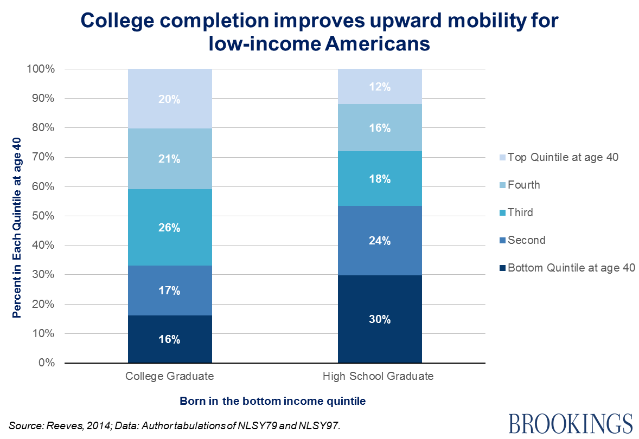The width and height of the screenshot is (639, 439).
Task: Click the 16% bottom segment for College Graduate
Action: pyautogui.click(x=169, y=339)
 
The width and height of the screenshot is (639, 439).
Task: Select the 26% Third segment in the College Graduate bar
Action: pyautogui.click(x=169, y=228)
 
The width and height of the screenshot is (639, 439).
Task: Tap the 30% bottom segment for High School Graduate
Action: pyautogui.click(x=380, y=319)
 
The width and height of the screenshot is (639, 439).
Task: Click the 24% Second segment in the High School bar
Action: pyautogui.click(x=380, y=241)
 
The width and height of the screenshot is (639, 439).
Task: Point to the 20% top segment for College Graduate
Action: pyautogui.click(x=169, y=99)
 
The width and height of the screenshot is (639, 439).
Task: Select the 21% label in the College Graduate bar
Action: pyautogui.click(x=169, y=159)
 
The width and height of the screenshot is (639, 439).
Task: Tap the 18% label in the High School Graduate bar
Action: pyautogui.click(x=380, y=179)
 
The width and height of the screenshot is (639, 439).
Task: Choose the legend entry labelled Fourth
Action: pyautogui.click(x=523, y=185)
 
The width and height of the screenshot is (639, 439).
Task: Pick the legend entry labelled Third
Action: pyautogui.click(x=520, y=212)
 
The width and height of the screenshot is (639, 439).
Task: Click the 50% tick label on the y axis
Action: pyautogui.click(x=43, y=216)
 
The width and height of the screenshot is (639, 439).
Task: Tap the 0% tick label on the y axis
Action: pyautogui.click(x=46, y=363)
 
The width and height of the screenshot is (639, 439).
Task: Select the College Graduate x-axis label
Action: pyautogui.click(x=169, y=376)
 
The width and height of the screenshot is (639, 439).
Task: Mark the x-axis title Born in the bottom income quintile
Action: pyautogui.click(x=273, y=402)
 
